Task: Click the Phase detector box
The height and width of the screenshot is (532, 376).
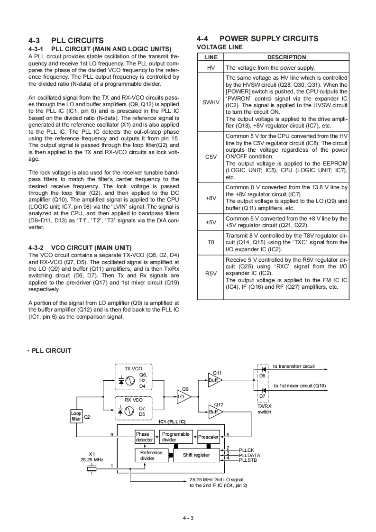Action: click(x=144, y=437)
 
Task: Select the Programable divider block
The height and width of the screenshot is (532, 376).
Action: click(x=175, y=437)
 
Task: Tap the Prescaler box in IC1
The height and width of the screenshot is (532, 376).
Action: click(x=208, y=437)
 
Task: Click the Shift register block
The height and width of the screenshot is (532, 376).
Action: click(x=196, y=455)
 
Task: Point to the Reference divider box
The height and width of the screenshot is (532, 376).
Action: click(x=147, y=455)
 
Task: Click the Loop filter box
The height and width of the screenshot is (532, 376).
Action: click(x=76, y=416)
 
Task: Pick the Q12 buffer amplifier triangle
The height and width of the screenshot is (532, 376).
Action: click(x=214, y=411)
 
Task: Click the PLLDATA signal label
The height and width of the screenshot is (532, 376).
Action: click(x=249, y=455)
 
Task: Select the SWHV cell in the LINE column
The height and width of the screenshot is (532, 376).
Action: click(x=211, y=101)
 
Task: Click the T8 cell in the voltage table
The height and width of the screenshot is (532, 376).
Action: click(x=211, y=242)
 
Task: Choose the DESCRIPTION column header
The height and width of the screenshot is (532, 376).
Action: click(x=286, y=57)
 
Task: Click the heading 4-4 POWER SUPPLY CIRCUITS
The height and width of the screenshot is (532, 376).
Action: click(x=257, y=38)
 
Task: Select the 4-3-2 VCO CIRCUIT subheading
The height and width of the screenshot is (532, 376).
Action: click(x=80, y=248)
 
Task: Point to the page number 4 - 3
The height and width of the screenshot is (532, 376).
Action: click(x=188, y=517)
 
